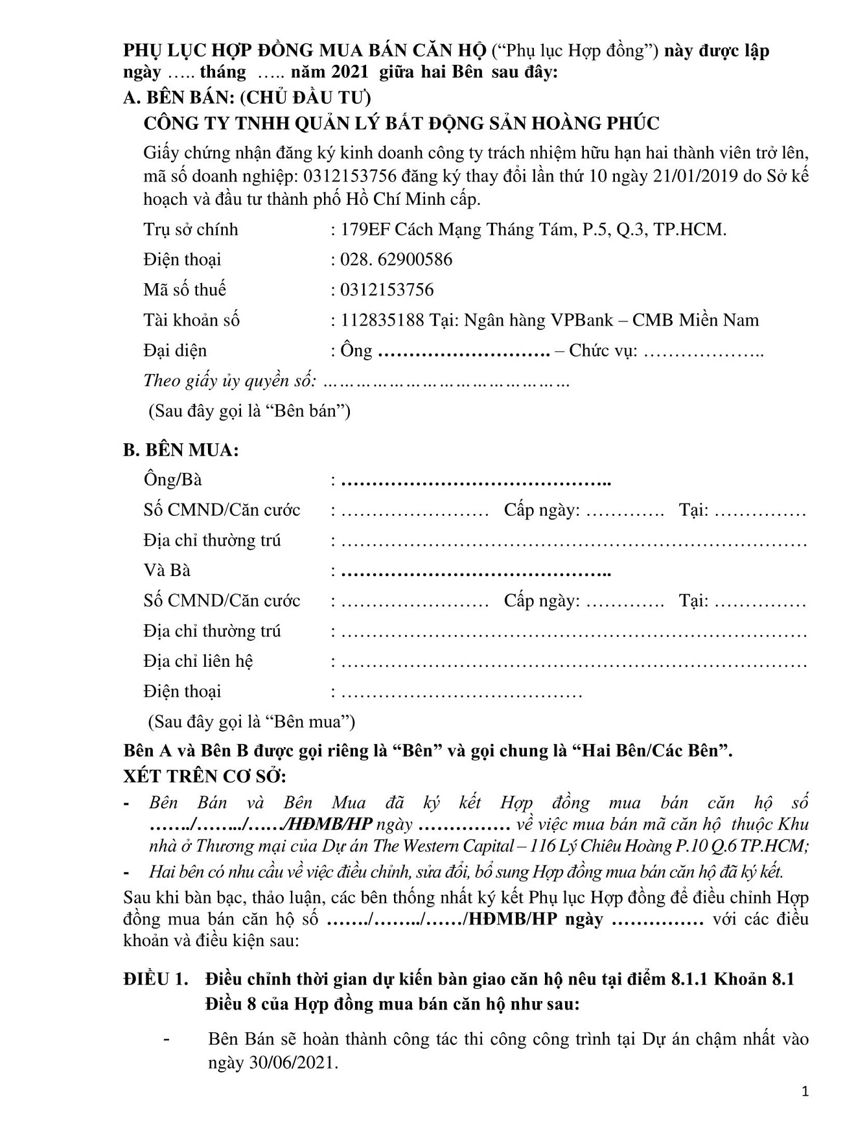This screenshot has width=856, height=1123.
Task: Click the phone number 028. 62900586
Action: (396, 260)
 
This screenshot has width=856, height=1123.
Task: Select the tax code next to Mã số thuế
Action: (387, 290)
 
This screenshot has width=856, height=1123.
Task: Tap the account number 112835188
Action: (382, 320)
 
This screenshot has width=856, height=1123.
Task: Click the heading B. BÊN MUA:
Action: (181, 450)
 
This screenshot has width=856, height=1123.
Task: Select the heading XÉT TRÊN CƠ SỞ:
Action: (204, 776)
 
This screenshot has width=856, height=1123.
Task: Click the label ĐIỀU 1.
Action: (156, 979)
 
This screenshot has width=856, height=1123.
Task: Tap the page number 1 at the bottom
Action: (805, 1092)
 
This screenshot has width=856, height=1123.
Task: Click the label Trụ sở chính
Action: (191, 229)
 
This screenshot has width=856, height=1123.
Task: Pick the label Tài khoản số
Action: (191, 320)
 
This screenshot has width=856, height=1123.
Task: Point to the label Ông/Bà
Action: (172, 480)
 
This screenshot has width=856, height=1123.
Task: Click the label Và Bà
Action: (167, 571)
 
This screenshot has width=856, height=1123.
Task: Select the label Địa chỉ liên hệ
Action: (198, 662)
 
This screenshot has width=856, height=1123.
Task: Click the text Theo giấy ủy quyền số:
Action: (229, 381)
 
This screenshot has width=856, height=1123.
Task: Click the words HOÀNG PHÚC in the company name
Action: (596, 123)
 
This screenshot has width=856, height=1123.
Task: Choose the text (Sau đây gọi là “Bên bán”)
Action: (249, 411)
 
